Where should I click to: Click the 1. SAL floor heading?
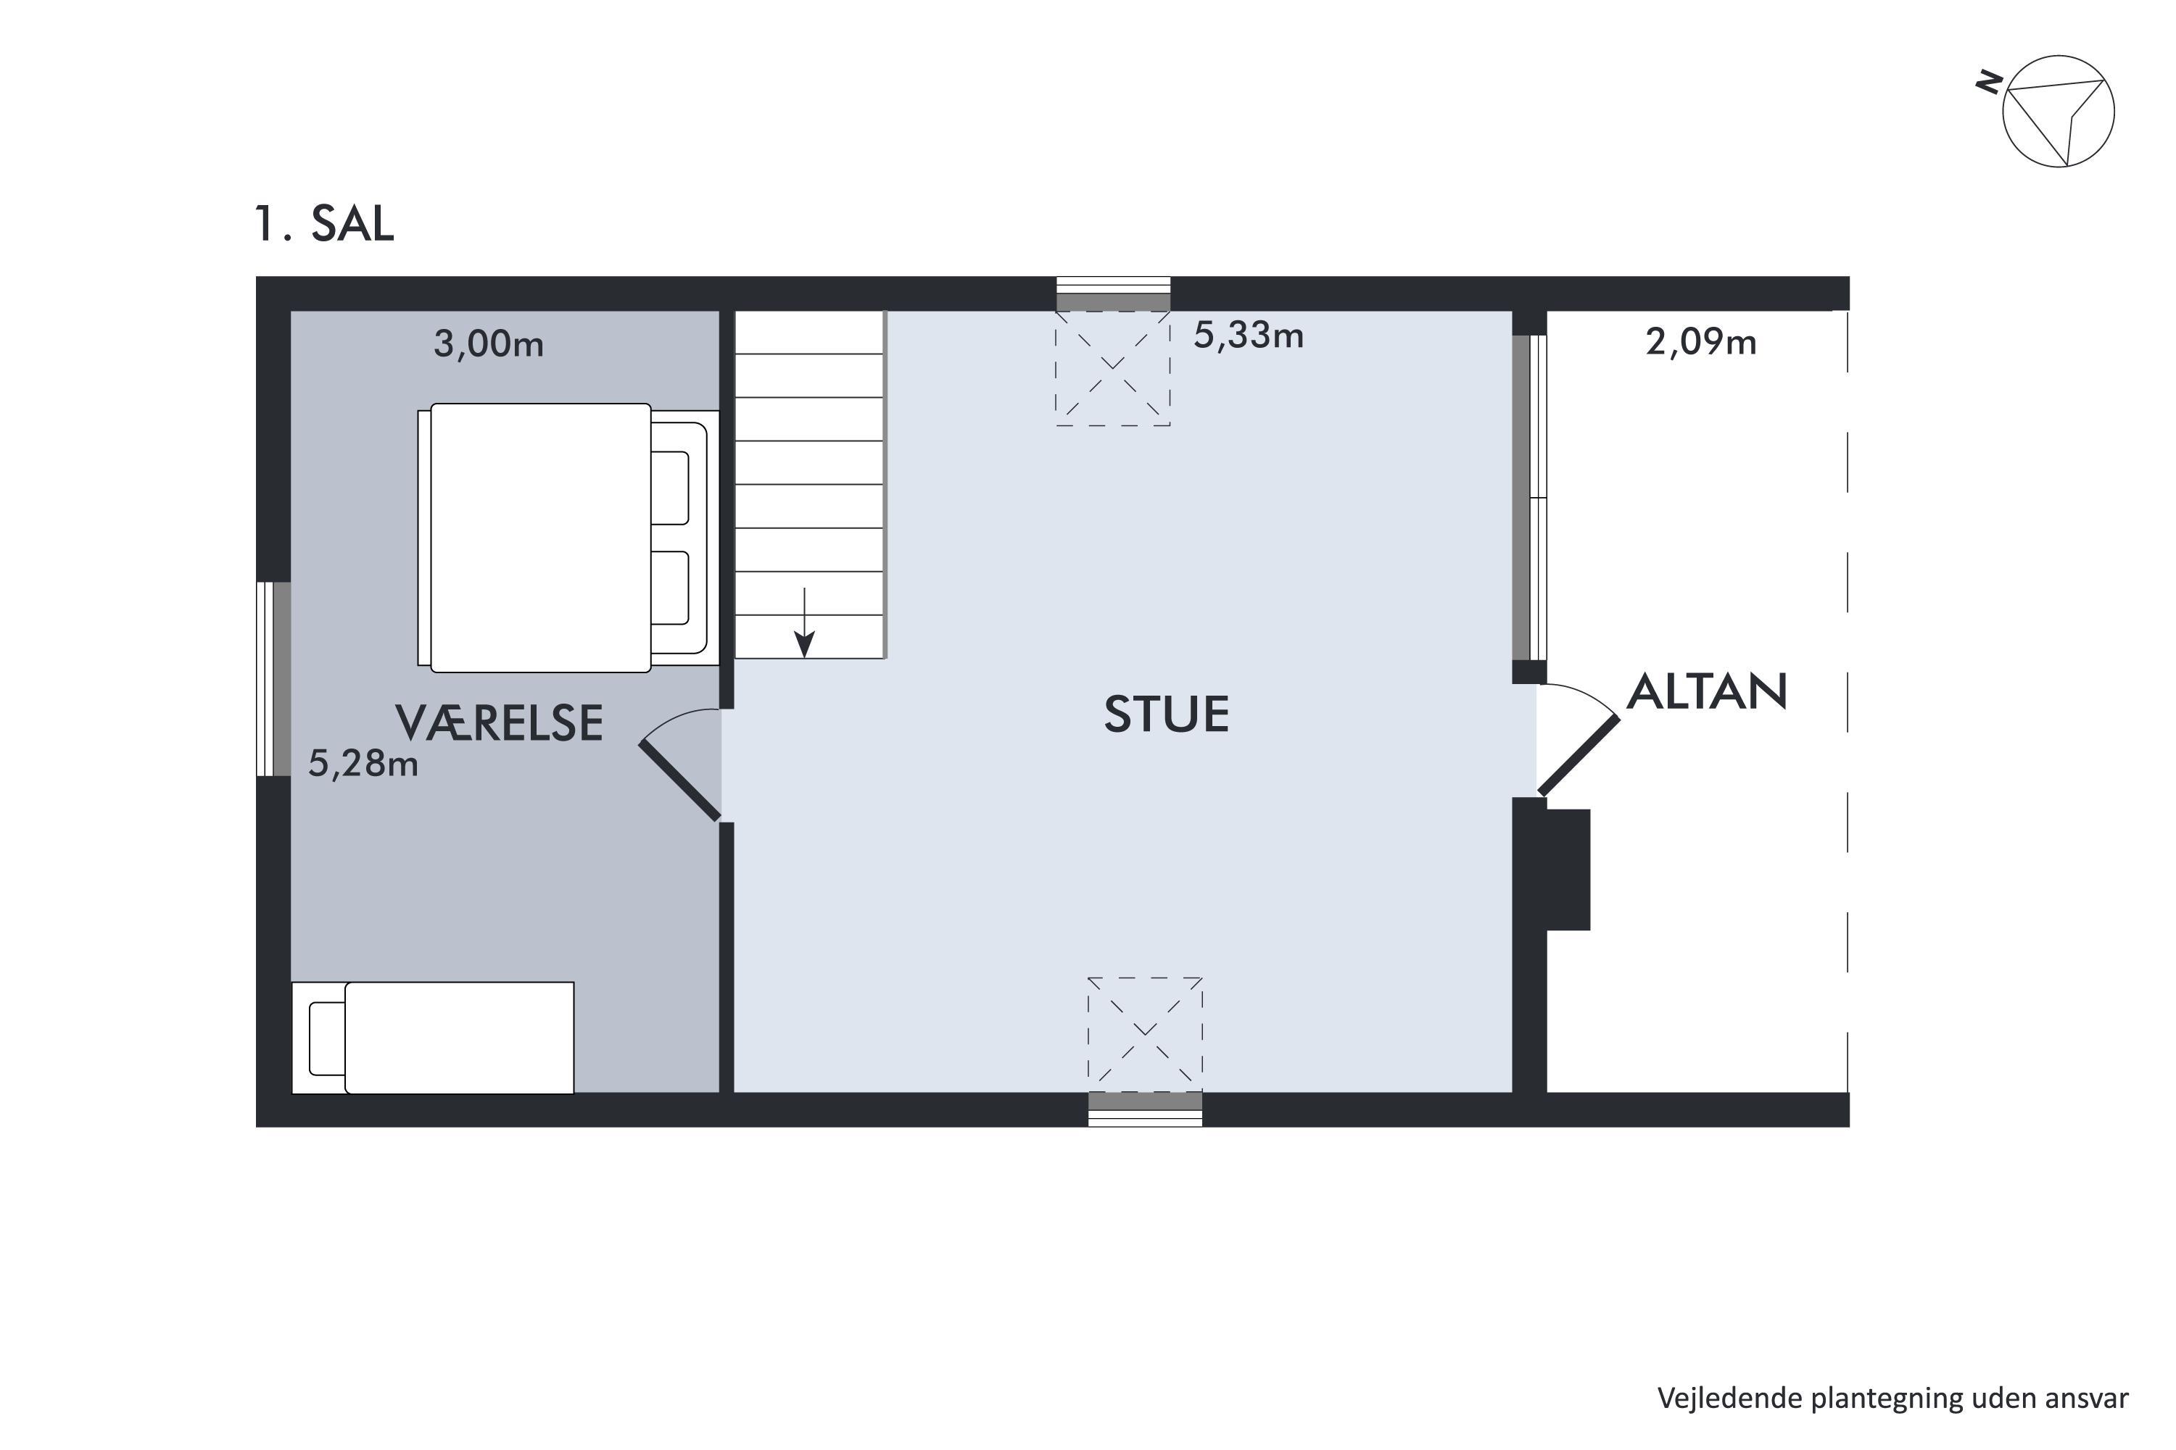pyautogui.click(x=325, y=223)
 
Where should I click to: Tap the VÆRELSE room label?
pyautogui.click(x=500, y=722)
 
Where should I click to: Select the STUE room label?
pyautogui.click(x=1167, y=714)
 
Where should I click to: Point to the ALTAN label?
pyautogui.click(x=1707, y=692)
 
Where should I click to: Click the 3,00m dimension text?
pyautogui.click(x=489, y=344)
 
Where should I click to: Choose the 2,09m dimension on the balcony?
pyautogui.click(x=1700, y=342)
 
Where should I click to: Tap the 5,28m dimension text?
pyautogui.click(x=363, y=763)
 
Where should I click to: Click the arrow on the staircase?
pyautogui.click(x=805, y=622)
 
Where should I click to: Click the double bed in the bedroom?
pyautogui.click(x=568, y=537)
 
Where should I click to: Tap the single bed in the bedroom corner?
pyautogui.click(x=433, y=1038)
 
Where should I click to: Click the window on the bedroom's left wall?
pyautogui.click(x=274, y=679)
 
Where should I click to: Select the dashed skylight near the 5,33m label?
pyautogui.click(x=1113, y=368)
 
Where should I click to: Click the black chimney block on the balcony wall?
pyautogui.click(x=1568, y=870)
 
